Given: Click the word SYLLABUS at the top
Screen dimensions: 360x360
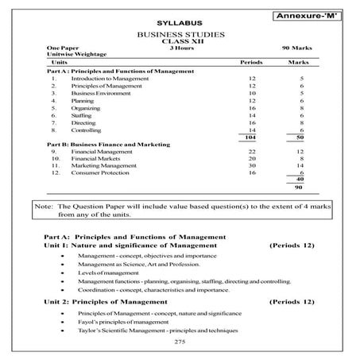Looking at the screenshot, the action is coord(171,19).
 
